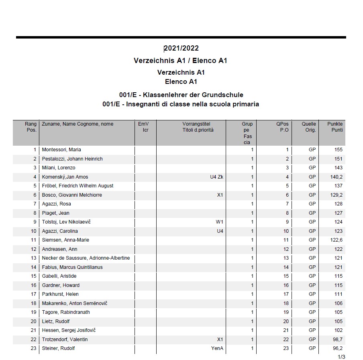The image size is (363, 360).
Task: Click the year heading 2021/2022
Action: tap(181, 49)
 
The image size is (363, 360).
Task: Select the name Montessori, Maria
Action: tap(61, 150)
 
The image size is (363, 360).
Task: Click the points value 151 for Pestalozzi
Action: tap(338, 159)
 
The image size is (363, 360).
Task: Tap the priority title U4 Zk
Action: tap(217, 177)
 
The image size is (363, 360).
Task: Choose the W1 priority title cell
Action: tap(219, 222)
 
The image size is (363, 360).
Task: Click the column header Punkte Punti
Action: tap(334, 127)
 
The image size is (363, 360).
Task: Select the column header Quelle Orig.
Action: tap(309, 127)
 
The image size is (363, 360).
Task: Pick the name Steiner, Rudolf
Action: tap(58, 348)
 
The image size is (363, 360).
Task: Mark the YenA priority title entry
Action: tap(217, 348)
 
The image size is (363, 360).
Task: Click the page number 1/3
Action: tap(341, 357)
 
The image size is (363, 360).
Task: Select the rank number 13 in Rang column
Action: tap(33, 258)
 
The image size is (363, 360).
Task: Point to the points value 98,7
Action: tap(337, 340)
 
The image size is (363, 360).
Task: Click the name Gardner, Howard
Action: tap(61, 285)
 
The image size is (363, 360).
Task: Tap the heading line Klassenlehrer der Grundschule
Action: tap(181, 95)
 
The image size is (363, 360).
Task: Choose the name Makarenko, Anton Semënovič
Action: tap(75, 303)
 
